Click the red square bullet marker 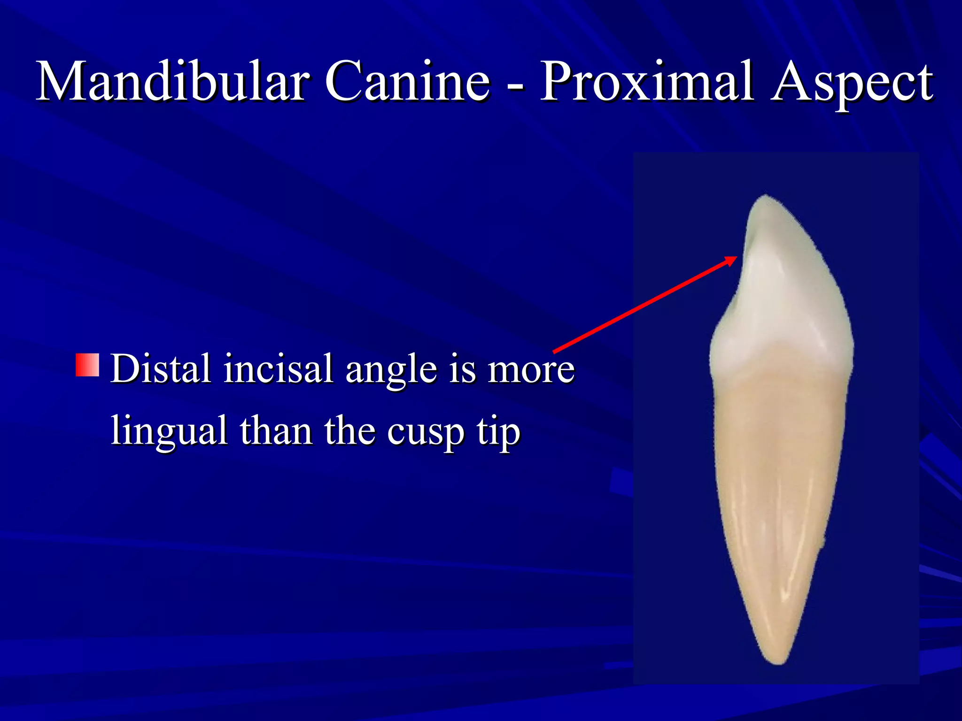tap(87, 365)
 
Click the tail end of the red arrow tap(556, 351)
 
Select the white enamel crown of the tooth tap(784, 291)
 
